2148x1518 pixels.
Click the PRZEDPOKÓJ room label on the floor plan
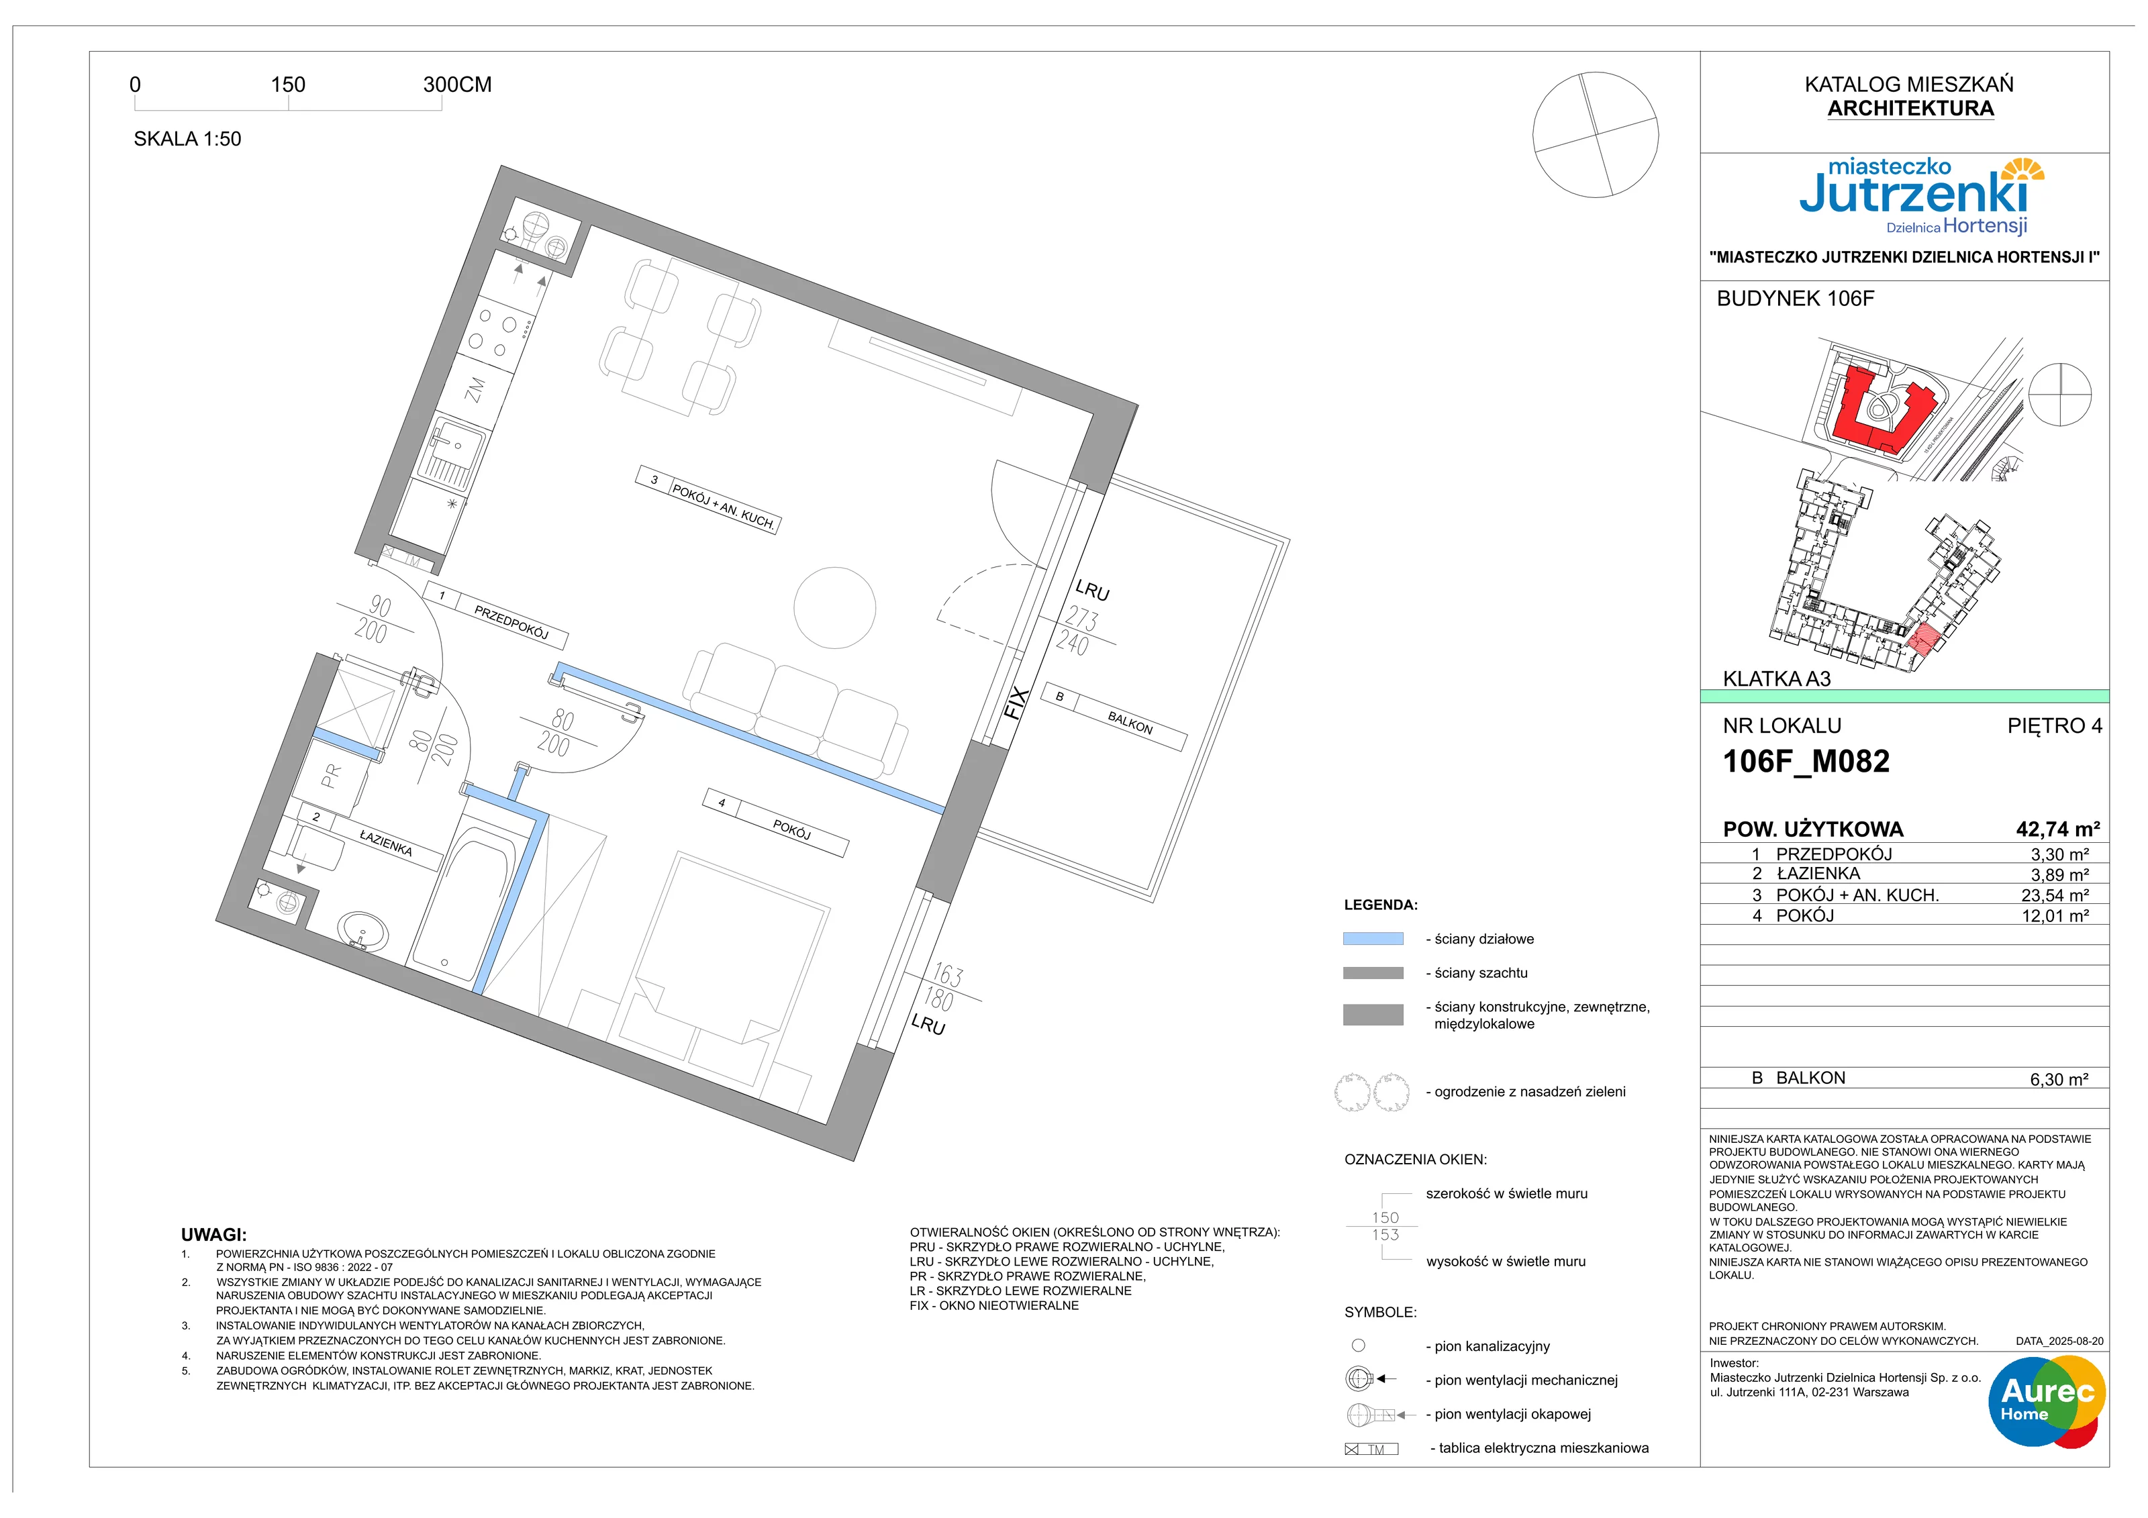pos(511,623)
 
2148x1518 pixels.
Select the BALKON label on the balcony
pos(1130,723)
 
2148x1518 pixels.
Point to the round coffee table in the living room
pos(834,608)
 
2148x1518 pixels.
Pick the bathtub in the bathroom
pos(465,899)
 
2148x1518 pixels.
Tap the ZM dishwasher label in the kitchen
pos(476,390)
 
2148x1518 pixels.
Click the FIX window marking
pos(1017,703)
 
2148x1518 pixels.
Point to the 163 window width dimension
pos(948,976)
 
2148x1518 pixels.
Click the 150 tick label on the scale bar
pos(288,84)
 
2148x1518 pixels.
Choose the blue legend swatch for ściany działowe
pos(1373,938)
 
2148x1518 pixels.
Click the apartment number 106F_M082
pos(1806,761)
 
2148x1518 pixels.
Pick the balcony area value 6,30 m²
pos(2059,1079)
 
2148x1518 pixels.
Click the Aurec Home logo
pos(2047,1400)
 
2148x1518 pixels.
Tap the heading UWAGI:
pos(213,1235)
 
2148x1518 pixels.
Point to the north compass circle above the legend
pos(1595,135)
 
